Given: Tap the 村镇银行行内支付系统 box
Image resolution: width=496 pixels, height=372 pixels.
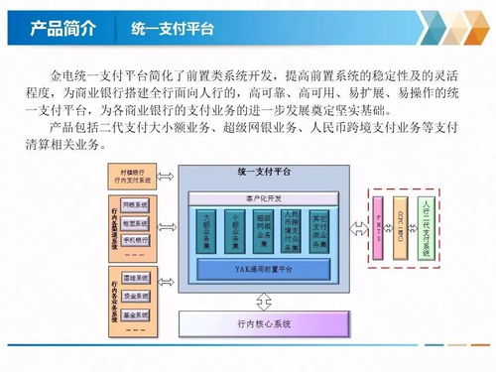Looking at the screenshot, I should (133, 177).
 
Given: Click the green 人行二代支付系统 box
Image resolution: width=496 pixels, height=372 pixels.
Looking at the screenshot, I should (426, 224).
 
